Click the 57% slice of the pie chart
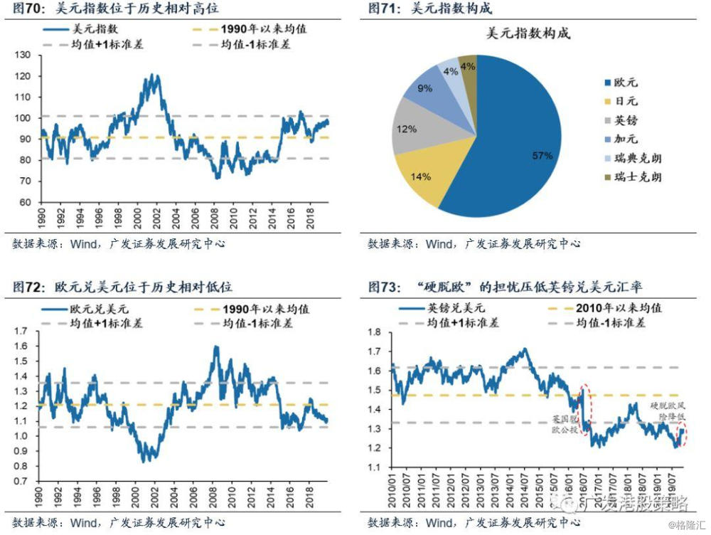pyautogui.click(x=526, y=142)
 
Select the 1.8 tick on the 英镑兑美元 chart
pyautogui.click(x=378, y=332)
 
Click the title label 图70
pyautogui.click(x=30, y=9)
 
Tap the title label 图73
pyautogui.click(x=385, y=287)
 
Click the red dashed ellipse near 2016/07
pyautogui.click(x=584, y=409)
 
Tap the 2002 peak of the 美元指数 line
pyautogui.click(x=151, y=75)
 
